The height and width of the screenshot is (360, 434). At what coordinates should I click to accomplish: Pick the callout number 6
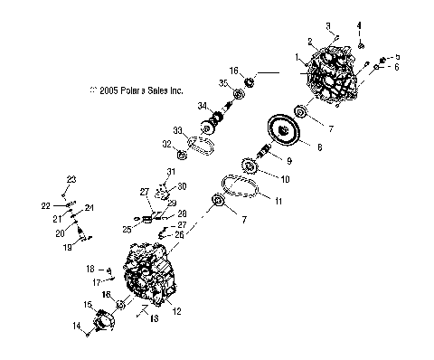[395, 67]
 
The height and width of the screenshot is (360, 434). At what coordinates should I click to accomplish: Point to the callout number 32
[166, 144]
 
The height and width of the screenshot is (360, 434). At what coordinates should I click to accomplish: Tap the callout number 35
[222, 83]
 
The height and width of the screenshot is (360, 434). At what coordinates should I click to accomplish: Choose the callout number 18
[90, 269]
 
